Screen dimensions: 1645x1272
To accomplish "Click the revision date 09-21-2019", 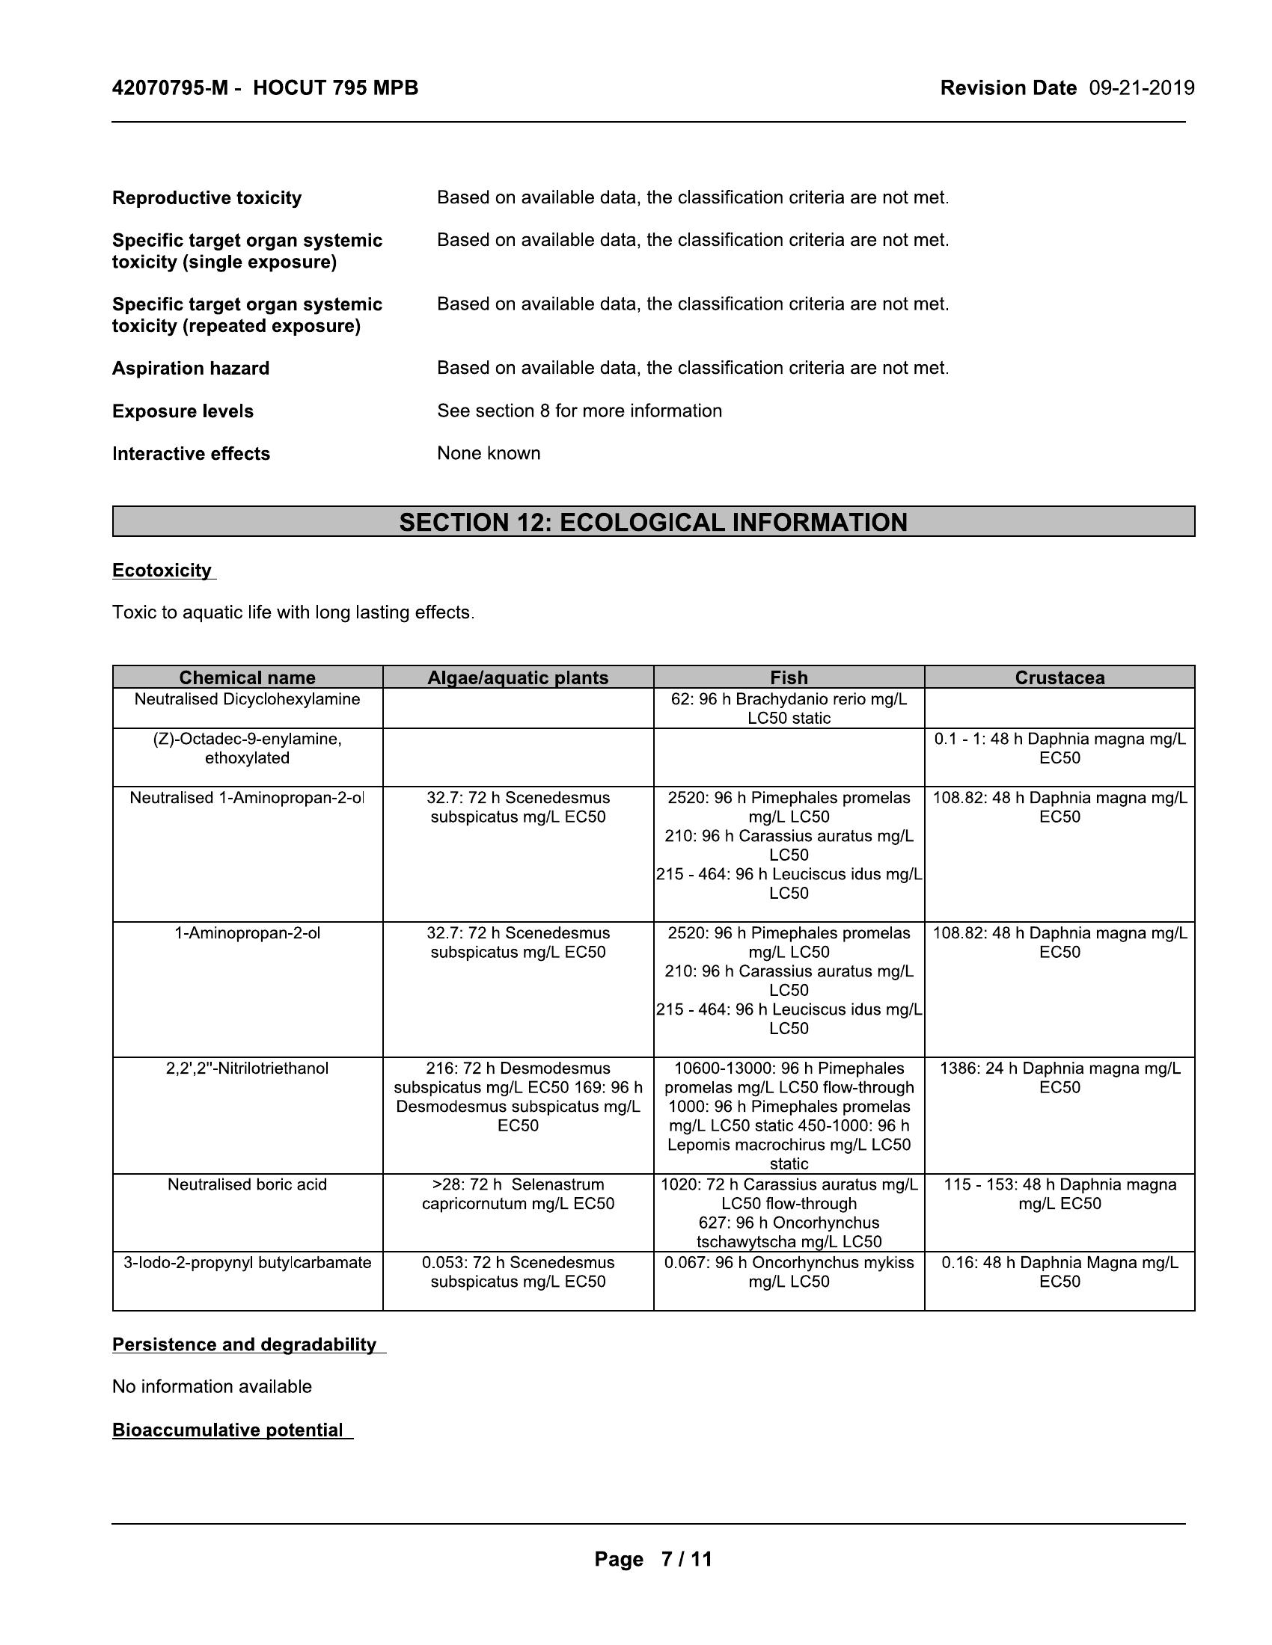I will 1142,88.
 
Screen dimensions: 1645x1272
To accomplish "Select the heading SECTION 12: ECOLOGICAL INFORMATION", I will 652,522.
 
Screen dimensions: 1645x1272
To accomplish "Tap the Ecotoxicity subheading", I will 162,571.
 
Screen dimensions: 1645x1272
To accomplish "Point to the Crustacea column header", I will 1059,677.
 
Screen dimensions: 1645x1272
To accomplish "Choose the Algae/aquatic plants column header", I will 518,677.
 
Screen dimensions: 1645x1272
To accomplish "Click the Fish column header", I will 788,677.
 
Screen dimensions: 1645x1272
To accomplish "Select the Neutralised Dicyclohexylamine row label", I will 247,699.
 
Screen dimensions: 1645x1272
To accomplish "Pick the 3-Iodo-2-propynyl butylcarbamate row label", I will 247,1262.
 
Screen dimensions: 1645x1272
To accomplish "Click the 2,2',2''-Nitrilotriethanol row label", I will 247,1068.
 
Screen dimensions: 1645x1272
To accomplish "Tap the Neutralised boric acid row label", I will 247,1184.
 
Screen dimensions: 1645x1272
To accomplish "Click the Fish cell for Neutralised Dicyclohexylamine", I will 788,708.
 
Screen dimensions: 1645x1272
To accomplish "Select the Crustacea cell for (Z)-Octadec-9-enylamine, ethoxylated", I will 1059,748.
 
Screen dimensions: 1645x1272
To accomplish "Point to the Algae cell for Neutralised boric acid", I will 518,1194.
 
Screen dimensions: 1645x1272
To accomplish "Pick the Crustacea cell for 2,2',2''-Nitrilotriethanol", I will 1059,1077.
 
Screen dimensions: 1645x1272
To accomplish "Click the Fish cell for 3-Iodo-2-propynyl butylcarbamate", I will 788,1271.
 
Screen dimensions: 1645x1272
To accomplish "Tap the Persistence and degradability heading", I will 244,1344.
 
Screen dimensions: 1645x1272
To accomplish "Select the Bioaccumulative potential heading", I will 227,1430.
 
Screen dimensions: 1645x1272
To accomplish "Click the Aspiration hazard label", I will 191,369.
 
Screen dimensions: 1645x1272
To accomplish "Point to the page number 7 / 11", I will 685,1558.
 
